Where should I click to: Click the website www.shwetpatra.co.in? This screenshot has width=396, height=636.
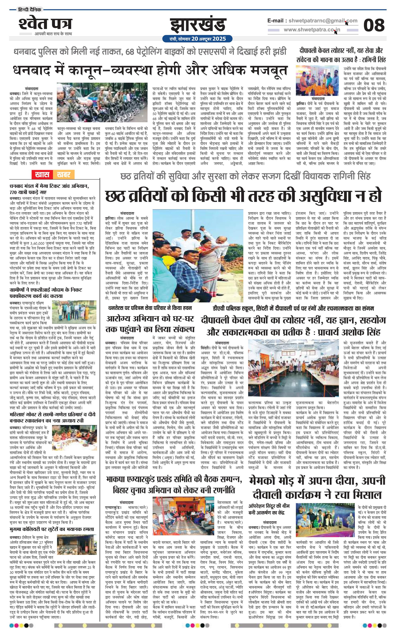(312, 30)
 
